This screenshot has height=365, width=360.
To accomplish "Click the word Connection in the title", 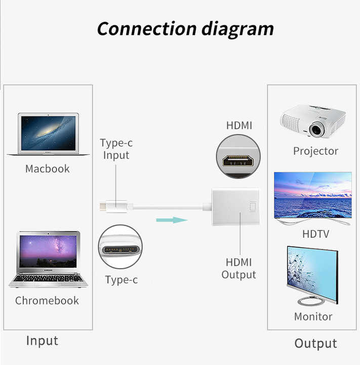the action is (147, 28).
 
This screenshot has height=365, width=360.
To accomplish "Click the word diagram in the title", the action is (237, 30).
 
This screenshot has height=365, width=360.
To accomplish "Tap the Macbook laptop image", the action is (49, 134).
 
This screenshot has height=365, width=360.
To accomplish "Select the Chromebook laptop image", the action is (49, 259).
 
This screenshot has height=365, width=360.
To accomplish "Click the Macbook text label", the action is (48, 169).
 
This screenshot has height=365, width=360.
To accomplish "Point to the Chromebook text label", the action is (47, 301).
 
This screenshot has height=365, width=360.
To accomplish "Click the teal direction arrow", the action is (172, 220).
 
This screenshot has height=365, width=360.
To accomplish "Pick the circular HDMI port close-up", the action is (238, 157).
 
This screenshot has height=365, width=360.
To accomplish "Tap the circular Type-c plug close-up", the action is (120, 246).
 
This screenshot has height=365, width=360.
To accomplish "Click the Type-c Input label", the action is (116, 149).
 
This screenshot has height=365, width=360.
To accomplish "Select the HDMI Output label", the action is (239, 268).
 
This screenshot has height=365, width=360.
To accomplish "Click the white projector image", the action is (313, 121).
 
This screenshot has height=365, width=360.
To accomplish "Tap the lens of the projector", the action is (316, 129).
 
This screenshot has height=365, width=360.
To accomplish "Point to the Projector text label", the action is (316, 151).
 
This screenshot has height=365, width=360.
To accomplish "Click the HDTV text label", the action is (316, 234).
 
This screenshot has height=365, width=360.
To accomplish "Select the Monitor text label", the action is (313, 316).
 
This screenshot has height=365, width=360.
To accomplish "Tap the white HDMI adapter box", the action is (235, 207).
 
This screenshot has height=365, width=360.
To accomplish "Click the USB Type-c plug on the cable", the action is (114, 206).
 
